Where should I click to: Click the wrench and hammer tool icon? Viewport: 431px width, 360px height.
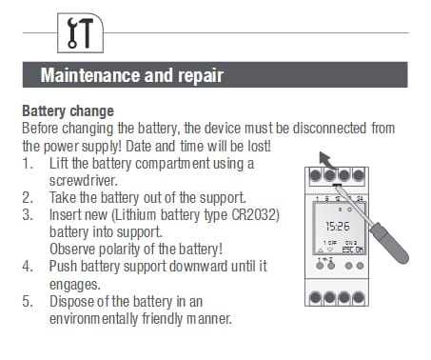[x=80, y=32]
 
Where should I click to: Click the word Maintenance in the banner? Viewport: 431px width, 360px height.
[x=90, y=75]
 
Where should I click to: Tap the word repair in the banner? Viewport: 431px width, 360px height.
[x=201, y=76]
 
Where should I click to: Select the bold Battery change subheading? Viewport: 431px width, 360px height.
[x=68, y=111]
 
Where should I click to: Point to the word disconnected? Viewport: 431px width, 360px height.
[x=329, y=129]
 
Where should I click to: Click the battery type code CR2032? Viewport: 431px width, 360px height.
[x=255, y=215]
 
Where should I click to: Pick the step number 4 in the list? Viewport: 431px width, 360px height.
[x=28, y=266]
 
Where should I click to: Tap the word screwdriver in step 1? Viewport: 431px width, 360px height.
[x=84, y=181]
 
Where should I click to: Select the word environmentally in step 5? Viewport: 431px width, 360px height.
[x=93, y=319]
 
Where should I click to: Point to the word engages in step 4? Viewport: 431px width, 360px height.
[x=75, y=285]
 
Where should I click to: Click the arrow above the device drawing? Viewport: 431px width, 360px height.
[x=327, y=160]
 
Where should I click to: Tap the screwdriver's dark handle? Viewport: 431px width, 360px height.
[x=390, y=243]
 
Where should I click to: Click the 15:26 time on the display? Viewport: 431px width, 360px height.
[x=338, y=227]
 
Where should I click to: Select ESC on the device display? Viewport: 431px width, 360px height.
[x=348, y=250]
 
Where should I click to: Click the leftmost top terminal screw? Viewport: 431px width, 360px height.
[x=315, y=175]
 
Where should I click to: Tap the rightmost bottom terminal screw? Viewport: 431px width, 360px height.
[x=359, y=297]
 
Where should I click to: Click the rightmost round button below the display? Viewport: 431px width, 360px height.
[x=360, y=266]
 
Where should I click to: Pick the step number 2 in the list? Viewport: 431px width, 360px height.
[x=28, y=198]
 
